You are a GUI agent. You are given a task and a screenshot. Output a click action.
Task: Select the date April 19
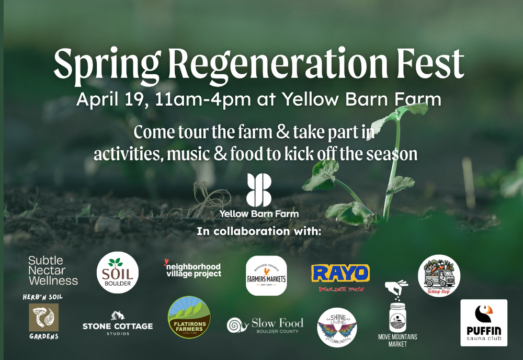pyautogui.click(x=108, y=99)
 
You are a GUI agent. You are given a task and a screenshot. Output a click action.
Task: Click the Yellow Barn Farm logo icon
pyautogui.click(x=259, y=190)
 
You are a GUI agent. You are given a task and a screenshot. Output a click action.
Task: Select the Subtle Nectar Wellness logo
pyautogui.click(x=53, y=271)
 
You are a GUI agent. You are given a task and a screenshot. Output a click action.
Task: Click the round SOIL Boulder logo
pyautogui.click(x=118, y=273)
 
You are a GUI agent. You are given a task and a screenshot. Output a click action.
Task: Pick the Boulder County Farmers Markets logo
pyautogui.click(x=266, y=276)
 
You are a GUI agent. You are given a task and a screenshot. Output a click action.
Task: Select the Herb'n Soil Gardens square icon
pyautogui.click(x=43, y=318)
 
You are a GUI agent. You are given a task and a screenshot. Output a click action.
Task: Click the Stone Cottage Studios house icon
pyautogui.click(x=118, y=316)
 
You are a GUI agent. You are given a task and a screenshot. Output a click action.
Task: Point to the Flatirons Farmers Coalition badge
pyautogui.click(x=189, y=317)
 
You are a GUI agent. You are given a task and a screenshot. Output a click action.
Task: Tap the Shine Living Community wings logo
pyautogui.click(x=337, y=328)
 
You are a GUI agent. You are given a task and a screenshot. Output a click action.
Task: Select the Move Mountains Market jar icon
pyautogui.click(x=397, y=317)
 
